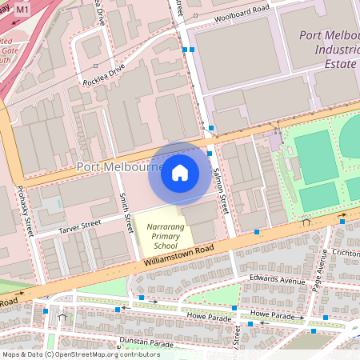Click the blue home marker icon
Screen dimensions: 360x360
(x=180, y=173)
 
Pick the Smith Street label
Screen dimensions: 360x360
(x=125, y=206)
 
